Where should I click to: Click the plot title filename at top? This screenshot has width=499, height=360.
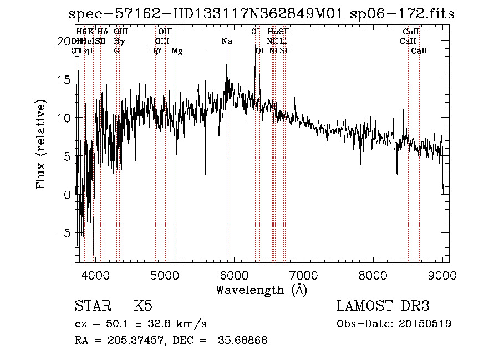(x=261, y=14)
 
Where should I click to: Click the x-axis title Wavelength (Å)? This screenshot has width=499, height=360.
(x=261, y=290)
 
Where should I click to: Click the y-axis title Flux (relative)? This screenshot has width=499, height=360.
(x=42, y=144)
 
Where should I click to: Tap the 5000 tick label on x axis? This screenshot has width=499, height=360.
(x=164, y=275)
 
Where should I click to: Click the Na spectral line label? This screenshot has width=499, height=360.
(x=226, y=42)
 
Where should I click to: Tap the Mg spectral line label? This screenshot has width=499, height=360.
(x=177, y=51)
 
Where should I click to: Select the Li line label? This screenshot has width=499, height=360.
(x=283, y=42)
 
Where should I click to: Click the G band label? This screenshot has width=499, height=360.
(x=116, y=51)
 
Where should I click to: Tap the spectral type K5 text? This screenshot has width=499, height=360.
(x=143, y=306)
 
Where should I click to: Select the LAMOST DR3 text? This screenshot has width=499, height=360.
(x=383, y=306)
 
